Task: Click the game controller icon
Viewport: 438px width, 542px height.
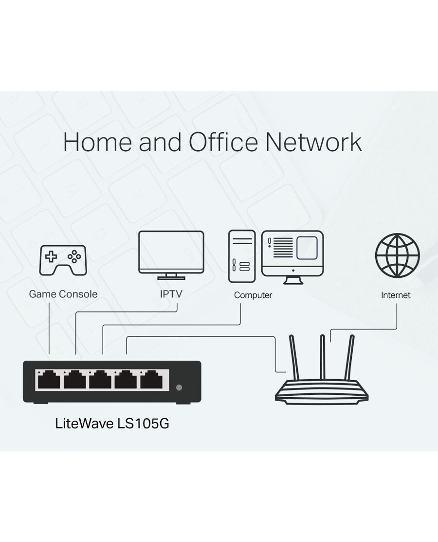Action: [63, 260]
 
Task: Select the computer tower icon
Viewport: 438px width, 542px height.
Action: [241, 256]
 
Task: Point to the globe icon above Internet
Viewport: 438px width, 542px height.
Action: [397, 255]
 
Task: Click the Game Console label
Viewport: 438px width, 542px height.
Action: [63, 294]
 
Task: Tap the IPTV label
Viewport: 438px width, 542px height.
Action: [171, 294]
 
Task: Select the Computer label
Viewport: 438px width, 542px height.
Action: [253, 295]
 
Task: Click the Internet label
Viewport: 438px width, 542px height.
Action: [396, 295]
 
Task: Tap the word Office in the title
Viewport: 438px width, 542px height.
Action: [223, 141]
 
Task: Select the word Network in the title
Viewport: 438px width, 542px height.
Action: [314, 142]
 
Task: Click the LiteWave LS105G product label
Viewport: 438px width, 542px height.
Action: [112, 424]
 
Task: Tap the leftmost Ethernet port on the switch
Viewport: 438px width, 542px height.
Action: [49, 380]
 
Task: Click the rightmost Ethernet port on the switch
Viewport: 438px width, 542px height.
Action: [151, 380]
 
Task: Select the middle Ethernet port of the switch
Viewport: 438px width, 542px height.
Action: [100, 380]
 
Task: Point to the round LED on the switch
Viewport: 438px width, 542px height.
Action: [179, 387]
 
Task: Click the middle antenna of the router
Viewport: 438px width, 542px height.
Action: [322, 357]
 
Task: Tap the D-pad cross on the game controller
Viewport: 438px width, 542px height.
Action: [52, 257]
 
